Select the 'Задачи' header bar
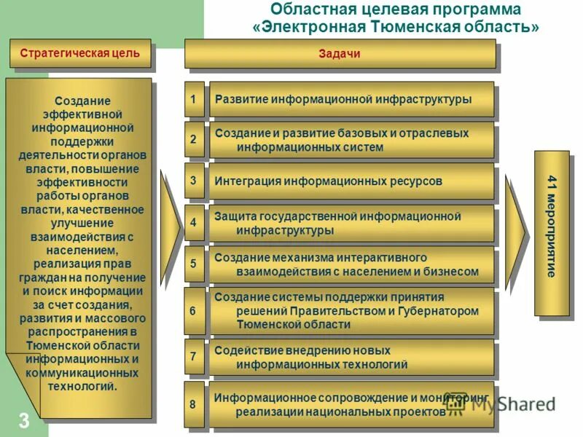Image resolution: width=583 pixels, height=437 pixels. [340, 54]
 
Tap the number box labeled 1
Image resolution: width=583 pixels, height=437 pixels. [193, 99]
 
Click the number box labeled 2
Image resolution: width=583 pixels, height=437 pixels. [193, 140]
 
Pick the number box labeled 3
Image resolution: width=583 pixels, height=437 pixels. [193, 181]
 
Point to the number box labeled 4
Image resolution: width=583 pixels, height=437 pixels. [193, 223]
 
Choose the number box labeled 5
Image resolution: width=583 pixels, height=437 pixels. [193, 264]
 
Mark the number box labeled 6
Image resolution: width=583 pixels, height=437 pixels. [193, 310]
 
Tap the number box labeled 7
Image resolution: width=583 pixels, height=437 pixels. [193, 356]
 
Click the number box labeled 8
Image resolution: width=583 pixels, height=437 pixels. [193, 403]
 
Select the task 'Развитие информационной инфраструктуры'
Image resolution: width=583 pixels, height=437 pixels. [351, 99]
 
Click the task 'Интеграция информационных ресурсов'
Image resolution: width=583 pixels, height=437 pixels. [351, 181]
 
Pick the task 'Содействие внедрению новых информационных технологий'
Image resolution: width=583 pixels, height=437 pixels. [351, 357]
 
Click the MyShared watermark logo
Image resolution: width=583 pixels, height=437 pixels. [503, 404]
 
